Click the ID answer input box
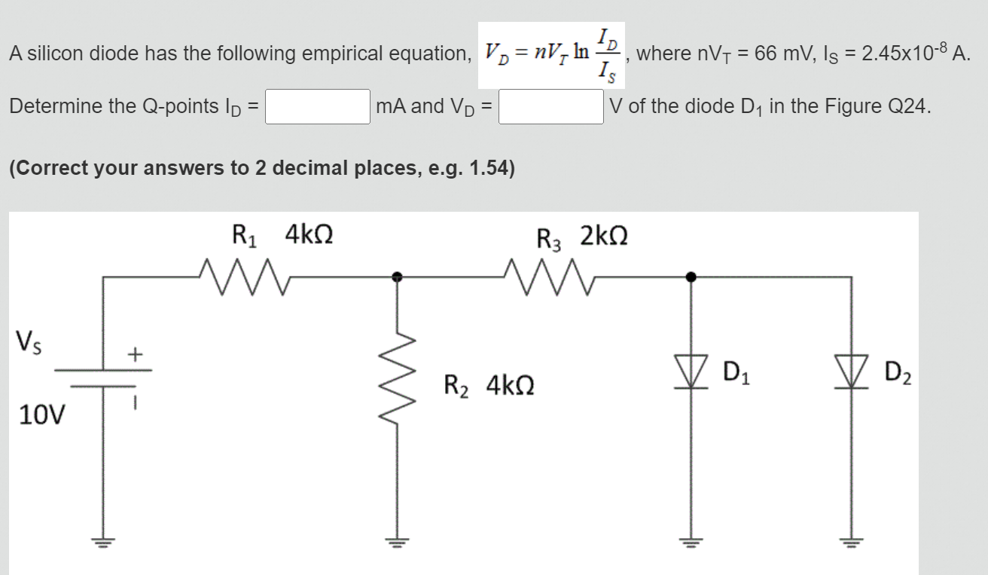[x=316, y=107]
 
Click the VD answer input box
[x=550, y=107]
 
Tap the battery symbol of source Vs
[x=103, y=377]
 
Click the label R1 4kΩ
[x=282, y=235]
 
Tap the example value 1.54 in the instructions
[x=486, y=168]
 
